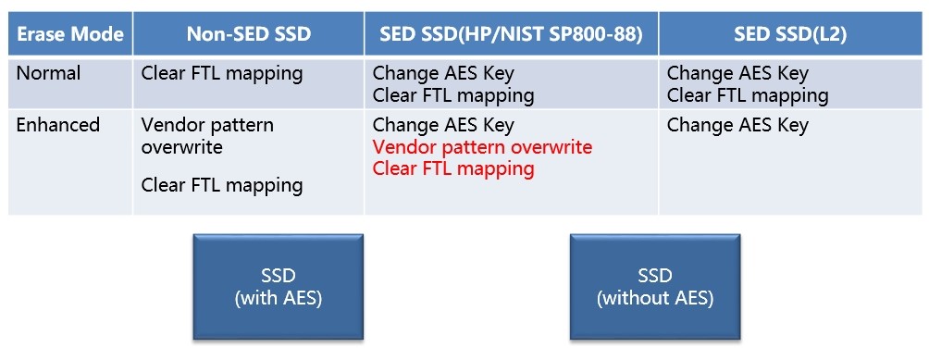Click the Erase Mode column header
70,33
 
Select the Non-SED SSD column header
249,33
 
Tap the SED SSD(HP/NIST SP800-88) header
512,33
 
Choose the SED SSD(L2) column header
790,33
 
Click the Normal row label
49,73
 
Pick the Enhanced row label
58,125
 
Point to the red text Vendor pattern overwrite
482,147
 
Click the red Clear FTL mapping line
453,168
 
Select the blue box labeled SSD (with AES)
278,287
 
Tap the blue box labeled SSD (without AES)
655,287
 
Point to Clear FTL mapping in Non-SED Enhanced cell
222,185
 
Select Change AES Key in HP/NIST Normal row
443,73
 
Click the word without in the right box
640,298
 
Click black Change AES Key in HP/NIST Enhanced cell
443,125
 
